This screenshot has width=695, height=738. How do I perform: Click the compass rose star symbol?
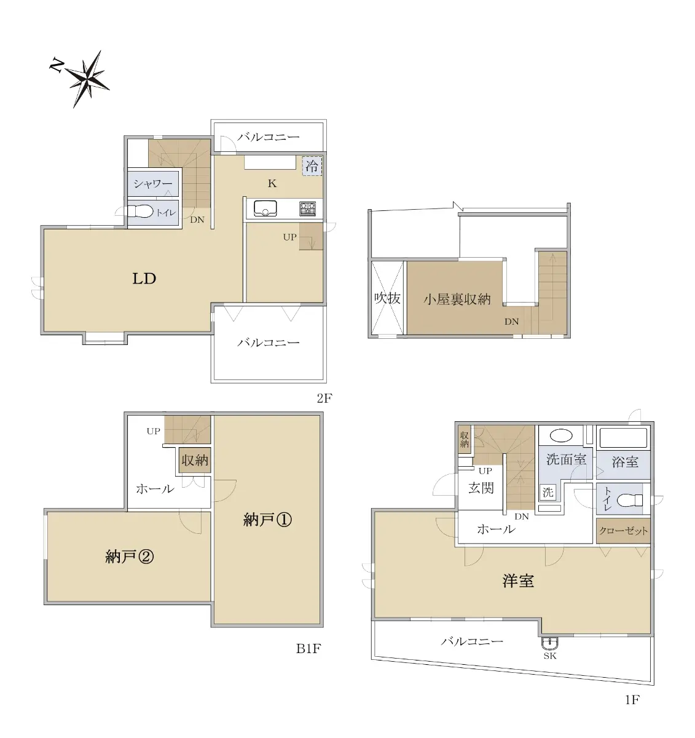point(88,79)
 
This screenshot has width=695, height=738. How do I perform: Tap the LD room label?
point(144,279)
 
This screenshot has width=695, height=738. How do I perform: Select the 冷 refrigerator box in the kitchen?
point(312,165)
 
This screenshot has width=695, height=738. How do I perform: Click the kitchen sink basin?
point(265,208)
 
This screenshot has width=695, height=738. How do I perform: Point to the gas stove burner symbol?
point(308,208)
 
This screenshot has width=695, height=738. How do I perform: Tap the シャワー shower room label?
point(153,183)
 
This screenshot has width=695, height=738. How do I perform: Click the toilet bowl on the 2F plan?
point(140,212)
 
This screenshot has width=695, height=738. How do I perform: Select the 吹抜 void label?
point(387,298)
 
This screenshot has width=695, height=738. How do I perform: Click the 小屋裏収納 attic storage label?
point(457,299)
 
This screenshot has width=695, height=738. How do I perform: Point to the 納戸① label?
point(267,520)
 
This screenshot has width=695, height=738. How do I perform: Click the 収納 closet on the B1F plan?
point(195,460)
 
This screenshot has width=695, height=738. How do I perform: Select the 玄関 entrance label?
point(481,488)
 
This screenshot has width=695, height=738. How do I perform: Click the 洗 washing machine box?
point(548,493)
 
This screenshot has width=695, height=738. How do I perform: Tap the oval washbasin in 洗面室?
point(561,435)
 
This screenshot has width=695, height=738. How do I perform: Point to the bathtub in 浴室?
point(623,437)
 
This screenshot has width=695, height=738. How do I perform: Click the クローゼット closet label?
point(623,531)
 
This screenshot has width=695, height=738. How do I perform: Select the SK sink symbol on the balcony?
point(550,643)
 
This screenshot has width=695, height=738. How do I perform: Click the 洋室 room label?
point(518,581)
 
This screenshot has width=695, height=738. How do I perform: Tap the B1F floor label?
point(308,649)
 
